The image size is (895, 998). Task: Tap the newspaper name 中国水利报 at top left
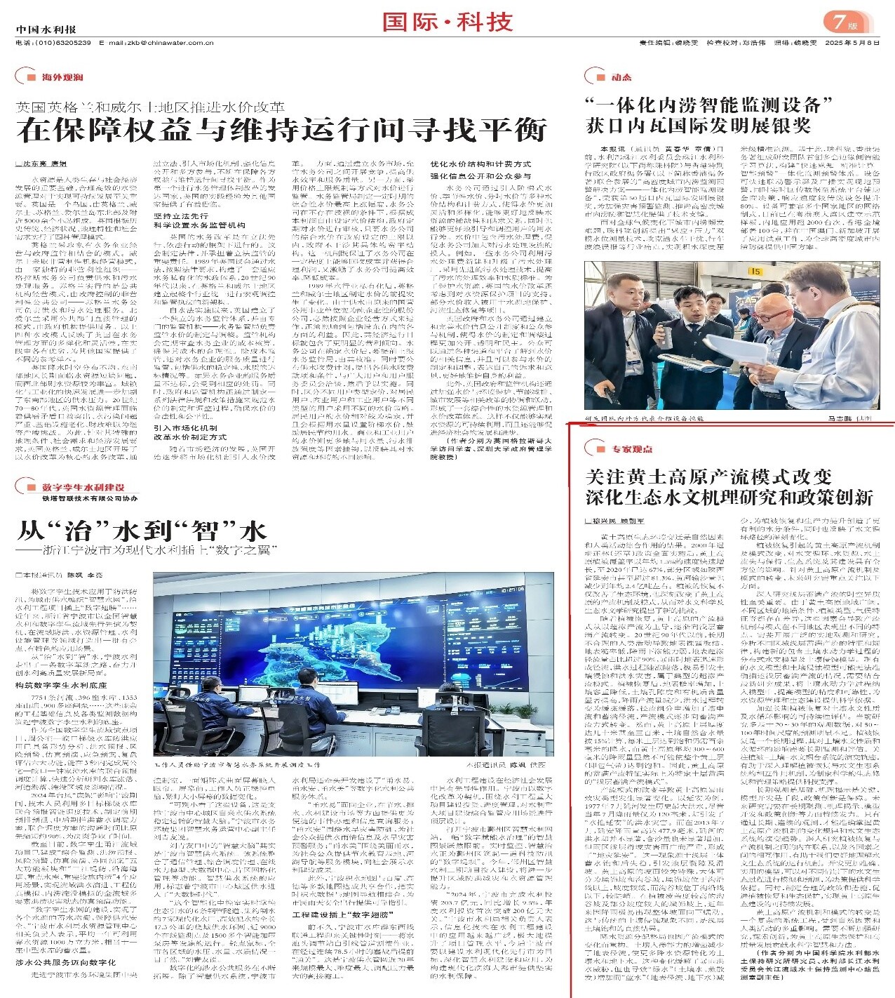[46, 29]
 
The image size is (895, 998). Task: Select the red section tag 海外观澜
[62, 77]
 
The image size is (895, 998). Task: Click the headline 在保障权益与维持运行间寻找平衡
[282, 131]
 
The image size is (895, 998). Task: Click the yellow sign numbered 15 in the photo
[755, 271]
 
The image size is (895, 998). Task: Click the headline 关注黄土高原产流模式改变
[708, 477]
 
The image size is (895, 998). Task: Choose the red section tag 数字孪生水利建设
[83, 487]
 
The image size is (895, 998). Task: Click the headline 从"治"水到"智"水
[141, 530]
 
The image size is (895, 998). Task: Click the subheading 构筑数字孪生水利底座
[61, 684]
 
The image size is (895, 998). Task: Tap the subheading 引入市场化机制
[185, 427]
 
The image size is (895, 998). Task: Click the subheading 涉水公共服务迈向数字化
[65, 963]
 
